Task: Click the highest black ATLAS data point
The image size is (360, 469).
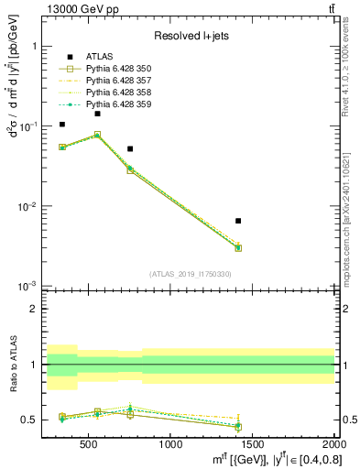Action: click(97, 114)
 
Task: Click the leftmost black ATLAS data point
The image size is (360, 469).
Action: click(62, 125)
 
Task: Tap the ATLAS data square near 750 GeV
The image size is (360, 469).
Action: click(130, 148)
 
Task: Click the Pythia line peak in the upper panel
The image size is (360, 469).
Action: click(97, 135)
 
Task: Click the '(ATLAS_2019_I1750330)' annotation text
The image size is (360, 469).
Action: click(190, 274)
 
